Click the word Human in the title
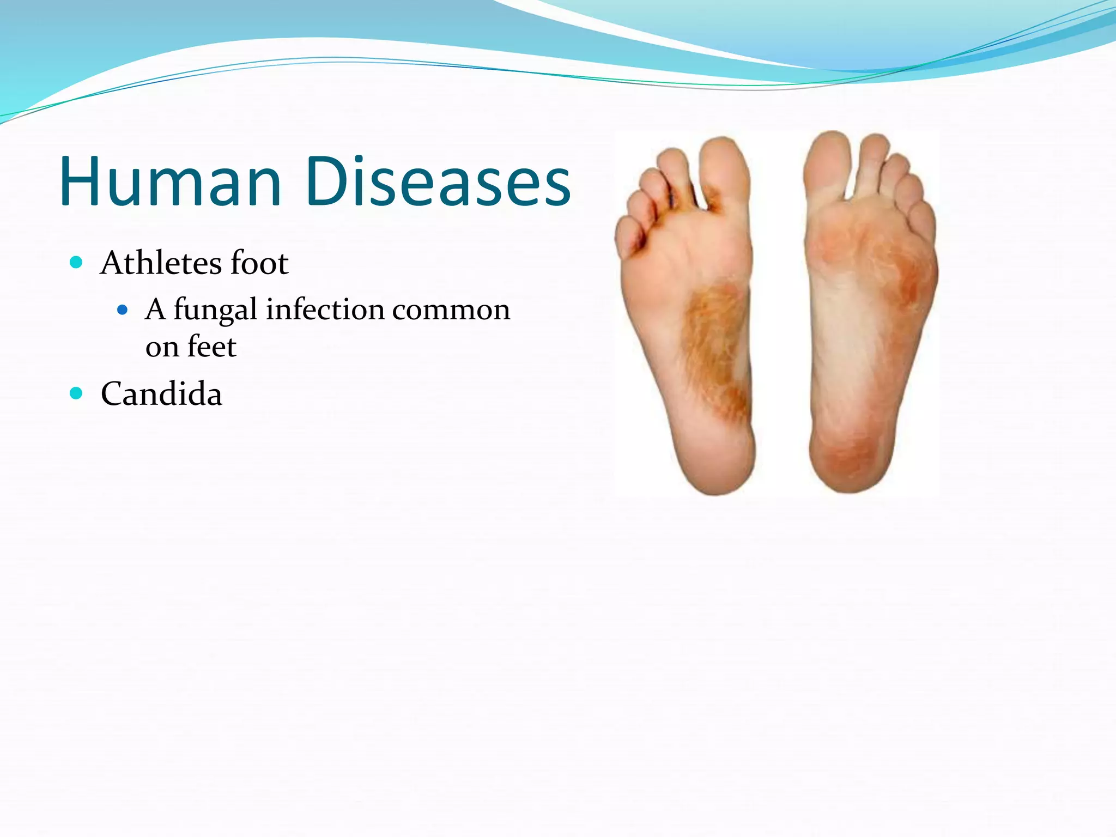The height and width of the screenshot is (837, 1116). coord(170,181)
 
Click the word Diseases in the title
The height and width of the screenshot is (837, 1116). coord(438,181)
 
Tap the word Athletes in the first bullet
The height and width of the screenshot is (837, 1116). coord(161,263)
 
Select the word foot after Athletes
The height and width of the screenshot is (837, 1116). coord(259,263)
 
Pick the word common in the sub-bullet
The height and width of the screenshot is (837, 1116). coord(451,310)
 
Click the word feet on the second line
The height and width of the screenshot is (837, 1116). coord(212,347)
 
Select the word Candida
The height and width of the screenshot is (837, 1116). coord(161,394)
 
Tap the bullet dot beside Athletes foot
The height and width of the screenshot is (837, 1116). coord(76,263)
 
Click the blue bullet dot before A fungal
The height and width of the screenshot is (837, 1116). coord(123,310)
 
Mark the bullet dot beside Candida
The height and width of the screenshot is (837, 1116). coord(76,393)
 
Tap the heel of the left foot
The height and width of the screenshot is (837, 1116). coord(717,463)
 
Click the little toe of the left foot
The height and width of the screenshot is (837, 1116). coord(628,237)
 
